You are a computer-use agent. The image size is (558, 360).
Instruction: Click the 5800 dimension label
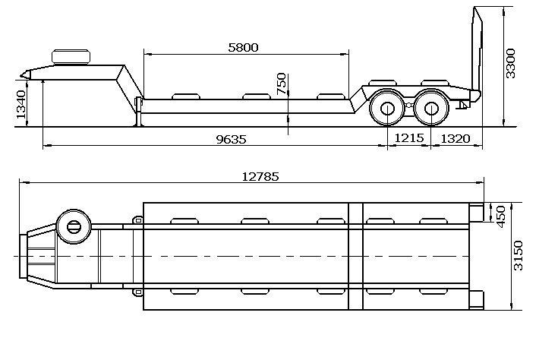tap(243, 47)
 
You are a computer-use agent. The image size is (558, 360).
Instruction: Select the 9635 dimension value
tap(232, 140)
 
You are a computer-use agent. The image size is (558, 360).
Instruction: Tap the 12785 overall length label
tap(260, 176)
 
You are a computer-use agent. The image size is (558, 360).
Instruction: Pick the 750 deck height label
tap(282, 84)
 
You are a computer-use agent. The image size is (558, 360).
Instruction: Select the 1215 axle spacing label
tap(408, 139)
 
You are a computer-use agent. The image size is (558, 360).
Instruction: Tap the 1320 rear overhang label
tap(456, 139)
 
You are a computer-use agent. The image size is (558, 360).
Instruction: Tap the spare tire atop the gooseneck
tap(71, 55)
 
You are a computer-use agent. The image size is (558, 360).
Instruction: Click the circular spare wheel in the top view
tap(74, 226)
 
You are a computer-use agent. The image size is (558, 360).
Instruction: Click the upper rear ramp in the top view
tap(477, 211)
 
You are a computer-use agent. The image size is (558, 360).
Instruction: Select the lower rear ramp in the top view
tap(477, 300)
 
